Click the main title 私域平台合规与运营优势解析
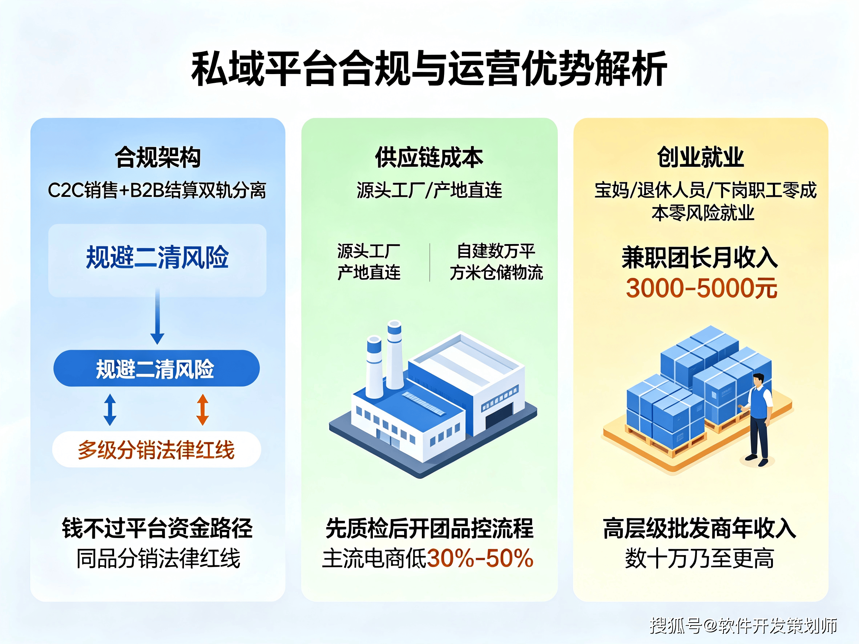(429, 68)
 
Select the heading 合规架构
(158, 157)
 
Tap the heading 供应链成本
(429, 157)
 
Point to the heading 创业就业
(701, 157)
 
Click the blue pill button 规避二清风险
(157, 368)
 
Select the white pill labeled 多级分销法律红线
(157, 450)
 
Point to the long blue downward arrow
(157, 316)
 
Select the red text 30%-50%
(480, 558)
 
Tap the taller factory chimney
(395, 354)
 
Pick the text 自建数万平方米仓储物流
(496, 262)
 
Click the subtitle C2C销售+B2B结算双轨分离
(157, 190)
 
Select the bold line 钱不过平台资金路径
(157, 528)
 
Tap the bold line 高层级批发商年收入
(700, 528)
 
